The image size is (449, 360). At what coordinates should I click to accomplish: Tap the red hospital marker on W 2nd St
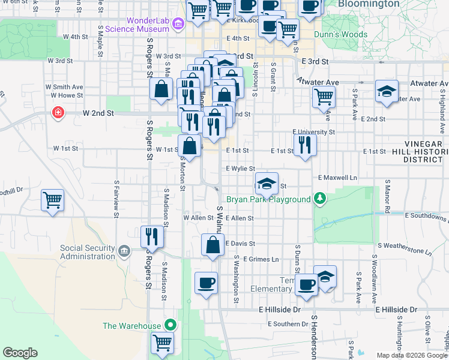click(x=58, y=112)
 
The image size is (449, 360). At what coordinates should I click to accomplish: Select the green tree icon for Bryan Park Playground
click(x=321, y=199)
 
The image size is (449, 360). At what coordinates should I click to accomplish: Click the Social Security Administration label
click(x=87, y=252)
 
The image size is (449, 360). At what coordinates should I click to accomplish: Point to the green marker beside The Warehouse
click(x=170, y=326)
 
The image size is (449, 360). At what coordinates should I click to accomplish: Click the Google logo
click(x=20, y=352)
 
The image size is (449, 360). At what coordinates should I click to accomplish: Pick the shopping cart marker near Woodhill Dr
click(x=52, y=200)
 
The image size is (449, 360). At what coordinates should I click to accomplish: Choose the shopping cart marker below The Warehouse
click(x=163, y=343)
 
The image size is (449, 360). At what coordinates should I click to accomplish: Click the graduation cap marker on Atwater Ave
click(x=387, y=92)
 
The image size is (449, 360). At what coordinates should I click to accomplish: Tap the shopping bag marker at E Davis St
click(x=212, y=245)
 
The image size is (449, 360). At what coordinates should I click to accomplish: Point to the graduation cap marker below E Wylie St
click(x=267, y=182)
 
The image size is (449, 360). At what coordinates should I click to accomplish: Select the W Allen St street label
click(x=198, y=218)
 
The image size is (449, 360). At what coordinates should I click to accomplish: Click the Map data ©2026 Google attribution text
click(x=411, y=355)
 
